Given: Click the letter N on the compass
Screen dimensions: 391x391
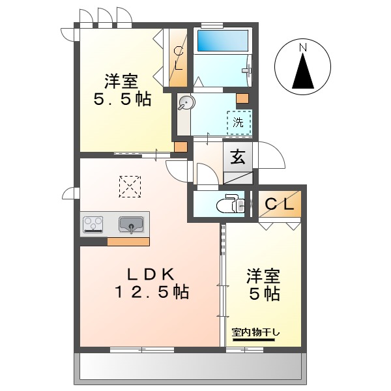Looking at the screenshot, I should coord(302,48).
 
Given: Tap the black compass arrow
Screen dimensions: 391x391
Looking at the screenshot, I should coord(302,72).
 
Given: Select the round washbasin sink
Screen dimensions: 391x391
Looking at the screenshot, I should coord(186,102).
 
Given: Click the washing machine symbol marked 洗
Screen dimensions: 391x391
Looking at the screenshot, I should coord(239,123).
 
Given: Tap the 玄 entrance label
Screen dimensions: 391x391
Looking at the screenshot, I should coord(238,157).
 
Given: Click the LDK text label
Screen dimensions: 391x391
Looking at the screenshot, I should coord(148,272).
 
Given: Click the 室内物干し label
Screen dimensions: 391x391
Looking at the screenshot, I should coord(256,333).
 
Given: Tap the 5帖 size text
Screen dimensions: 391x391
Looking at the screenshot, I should coord(264,294).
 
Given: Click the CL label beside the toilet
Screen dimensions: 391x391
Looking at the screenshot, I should coord(280,204).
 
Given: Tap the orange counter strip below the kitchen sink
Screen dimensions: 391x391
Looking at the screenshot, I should coord(128,241).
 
